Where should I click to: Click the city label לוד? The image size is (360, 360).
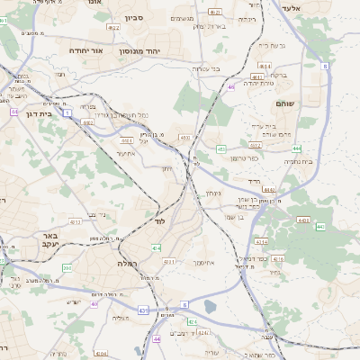point(160,220)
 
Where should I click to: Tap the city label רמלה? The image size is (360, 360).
point(126,263)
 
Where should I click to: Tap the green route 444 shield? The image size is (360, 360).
point(297,148)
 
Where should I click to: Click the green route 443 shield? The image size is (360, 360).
point(319,227)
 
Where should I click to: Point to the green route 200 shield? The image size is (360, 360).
point(67,268)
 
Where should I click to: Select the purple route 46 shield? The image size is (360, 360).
point(231,87)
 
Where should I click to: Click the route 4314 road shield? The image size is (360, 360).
point(261,241)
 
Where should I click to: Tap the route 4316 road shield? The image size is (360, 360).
point(278,258)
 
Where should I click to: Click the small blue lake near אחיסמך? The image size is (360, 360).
point(211,307)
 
